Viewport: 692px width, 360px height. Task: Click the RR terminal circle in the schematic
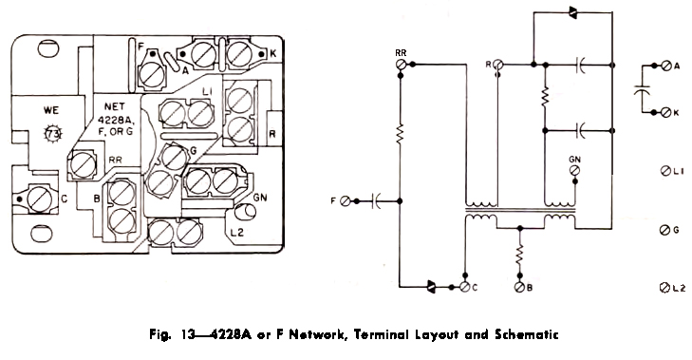(401, 65)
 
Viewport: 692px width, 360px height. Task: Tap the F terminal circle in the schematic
(346, 201)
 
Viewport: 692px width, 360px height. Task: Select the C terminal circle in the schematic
(464, 287)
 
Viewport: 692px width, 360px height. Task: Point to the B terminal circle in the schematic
(519, 287)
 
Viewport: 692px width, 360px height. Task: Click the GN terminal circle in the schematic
(574, 171)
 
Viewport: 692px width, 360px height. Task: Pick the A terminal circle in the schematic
(666, 66)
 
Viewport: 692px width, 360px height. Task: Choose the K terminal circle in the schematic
(666, 113)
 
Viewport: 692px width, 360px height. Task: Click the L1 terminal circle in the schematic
(665, 171)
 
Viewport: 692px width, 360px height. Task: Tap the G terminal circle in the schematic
(664, 230)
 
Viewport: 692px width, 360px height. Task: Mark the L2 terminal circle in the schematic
(664, 288)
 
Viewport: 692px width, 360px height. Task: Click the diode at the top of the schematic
(572, 12)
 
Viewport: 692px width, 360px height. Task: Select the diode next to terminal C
(431, 287)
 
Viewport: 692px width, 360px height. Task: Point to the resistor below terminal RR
(401, 133)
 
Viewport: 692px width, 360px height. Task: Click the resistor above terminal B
(519, 256)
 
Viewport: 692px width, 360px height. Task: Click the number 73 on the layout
(52, 134)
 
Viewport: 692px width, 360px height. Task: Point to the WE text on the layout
(51, 110)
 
